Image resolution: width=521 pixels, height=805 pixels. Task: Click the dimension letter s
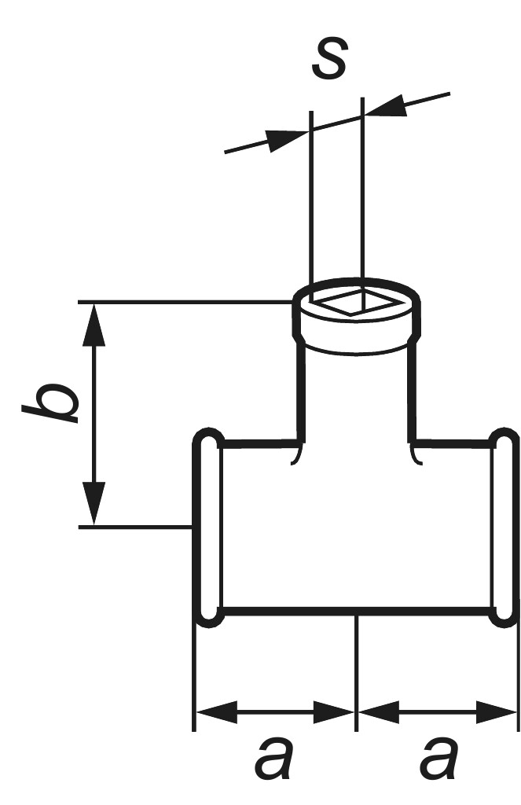pos(330,58)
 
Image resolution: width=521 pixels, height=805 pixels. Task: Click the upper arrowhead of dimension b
pos(94,325)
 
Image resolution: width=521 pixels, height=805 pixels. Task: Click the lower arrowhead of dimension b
pos(94,504)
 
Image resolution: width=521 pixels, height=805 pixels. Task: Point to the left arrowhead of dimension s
pos(287,140)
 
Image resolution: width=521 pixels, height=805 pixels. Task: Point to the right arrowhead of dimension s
pos(384,106)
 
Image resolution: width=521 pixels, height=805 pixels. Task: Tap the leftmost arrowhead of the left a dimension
pos(217,712)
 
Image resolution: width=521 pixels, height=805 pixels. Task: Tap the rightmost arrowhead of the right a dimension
pos(496,712)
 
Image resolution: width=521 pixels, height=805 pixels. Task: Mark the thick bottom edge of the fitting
pos(357,612)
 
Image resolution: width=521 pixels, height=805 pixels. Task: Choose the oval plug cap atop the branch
pos(357,315)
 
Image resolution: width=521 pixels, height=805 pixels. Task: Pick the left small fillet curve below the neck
pos(296,454)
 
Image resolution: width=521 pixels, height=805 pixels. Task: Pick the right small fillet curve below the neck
pos(416,454)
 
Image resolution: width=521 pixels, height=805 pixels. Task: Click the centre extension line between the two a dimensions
pos(356,673)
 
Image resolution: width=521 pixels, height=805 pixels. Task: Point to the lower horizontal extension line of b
pos(135,527)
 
